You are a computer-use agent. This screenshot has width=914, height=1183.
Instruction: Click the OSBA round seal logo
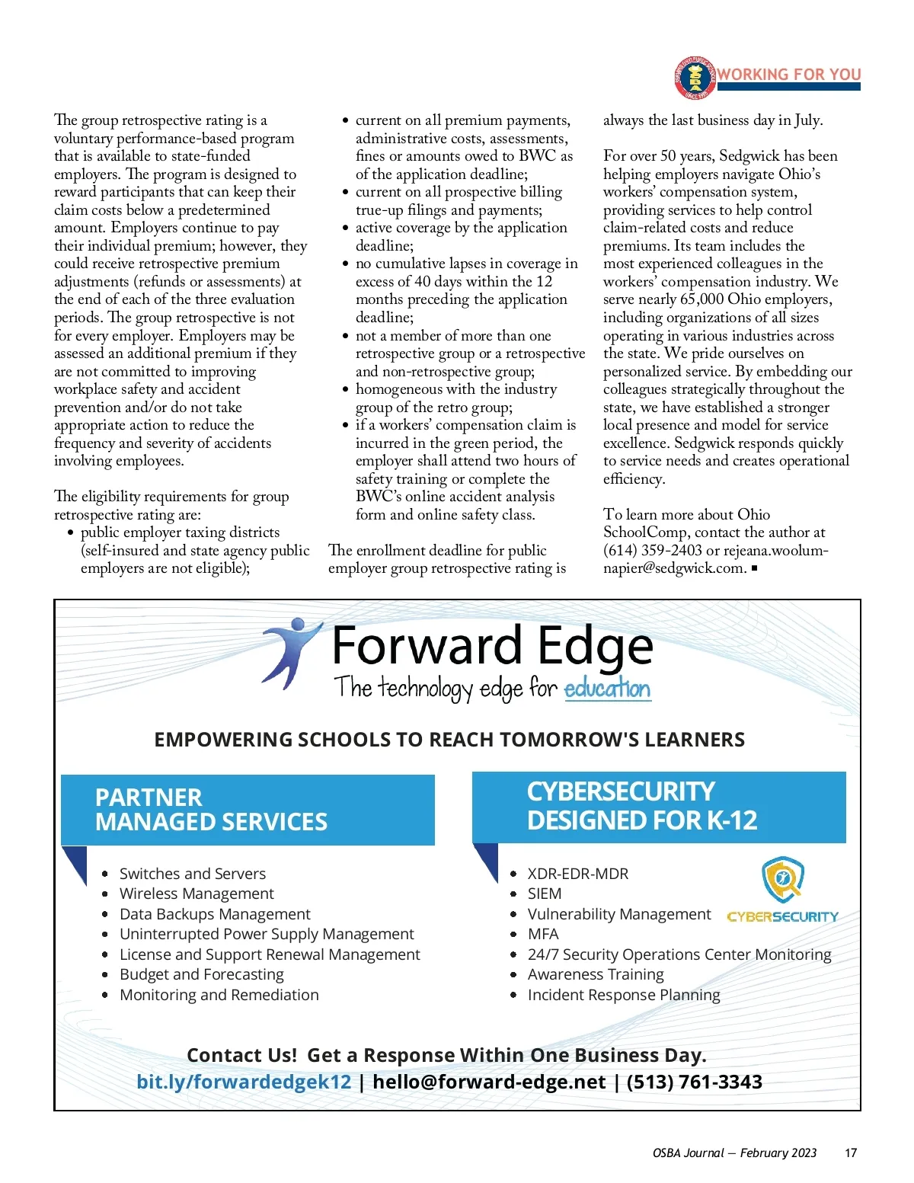[695, 78]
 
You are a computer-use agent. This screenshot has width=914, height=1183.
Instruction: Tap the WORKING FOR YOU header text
[789, 74]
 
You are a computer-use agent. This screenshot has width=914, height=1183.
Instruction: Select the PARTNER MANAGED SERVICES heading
[211, 810]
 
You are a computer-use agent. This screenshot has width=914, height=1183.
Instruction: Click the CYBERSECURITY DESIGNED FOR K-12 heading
[641, 806]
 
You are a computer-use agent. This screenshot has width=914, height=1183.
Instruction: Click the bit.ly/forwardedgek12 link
[244, 1082]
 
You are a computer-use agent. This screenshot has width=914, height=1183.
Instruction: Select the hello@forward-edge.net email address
[489, 1082]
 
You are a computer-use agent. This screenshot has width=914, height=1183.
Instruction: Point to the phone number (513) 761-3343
[694, 1082]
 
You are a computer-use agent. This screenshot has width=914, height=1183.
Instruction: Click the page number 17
[851, 1153]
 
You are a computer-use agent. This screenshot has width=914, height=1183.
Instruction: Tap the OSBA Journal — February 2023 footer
[734, 1153]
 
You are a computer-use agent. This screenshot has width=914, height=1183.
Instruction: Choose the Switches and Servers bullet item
[192, 874]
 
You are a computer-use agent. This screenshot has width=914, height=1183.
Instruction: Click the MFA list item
[543, 934]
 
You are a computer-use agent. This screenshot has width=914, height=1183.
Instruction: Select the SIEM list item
[545, 894]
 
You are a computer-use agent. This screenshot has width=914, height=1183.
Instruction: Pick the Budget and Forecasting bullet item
[201, 974]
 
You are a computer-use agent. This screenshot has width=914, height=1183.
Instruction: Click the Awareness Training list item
[596, 974]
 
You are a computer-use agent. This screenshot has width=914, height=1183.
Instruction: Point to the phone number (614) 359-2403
[653, 550]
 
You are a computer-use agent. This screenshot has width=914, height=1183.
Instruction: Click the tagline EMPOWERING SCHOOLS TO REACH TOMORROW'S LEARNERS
[449, 740]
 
